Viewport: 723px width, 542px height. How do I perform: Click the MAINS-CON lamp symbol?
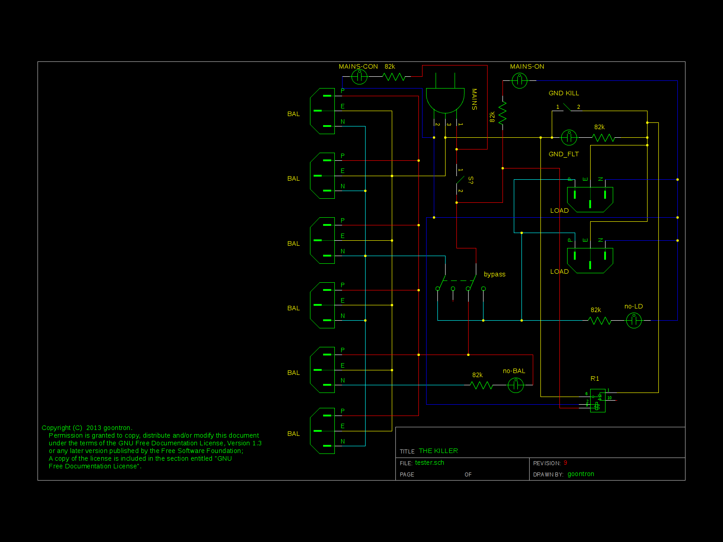359,77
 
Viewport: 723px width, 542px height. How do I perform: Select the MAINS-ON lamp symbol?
519,81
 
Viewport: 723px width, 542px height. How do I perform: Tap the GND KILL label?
563,93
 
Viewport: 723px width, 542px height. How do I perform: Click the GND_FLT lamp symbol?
569,137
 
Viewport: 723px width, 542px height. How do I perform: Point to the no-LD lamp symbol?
634,321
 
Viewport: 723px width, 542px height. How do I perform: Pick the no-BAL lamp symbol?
516,385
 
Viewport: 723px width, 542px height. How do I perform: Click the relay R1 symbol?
597,400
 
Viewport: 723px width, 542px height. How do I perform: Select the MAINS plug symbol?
445,99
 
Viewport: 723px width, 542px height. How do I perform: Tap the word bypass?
494,274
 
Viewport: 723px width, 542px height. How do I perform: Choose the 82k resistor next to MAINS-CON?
394,77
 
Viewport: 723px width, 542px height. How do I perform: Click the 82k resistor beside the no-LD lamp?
600,321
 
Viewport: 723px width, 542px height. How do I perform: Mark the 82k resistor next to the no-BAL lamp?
481,385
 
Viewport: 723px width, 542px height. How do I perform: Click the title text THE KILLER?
438,451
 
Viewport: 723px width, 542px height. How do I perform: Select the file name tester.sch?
429,463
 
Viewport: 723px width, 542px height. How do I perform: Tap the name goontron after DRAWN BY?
581,474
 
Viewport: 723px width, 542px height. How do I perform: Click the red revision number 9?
565,463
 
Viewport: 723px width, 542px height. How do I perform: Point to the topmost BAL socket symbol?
323,111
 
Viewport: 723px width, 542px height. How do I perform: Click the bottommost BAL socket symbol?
323,431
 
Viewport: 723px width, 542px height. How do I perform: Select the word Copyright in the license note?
56,428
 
